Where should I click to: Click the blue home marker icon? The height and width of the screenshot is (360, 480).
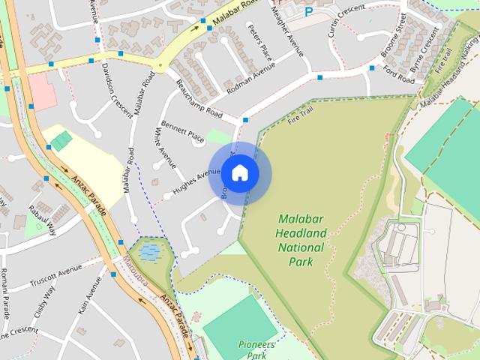pos(239,173)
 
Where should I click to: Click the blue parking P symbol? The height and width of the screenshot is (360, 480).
pos(309,11)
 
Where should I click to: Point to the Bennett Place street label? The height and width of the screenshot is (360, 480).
pos(182,135)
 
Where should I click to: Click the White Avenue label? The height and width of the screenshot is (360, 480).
pos(164,147)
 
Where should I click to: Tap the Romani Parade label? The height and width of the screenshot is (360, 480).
pos(4,292)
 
